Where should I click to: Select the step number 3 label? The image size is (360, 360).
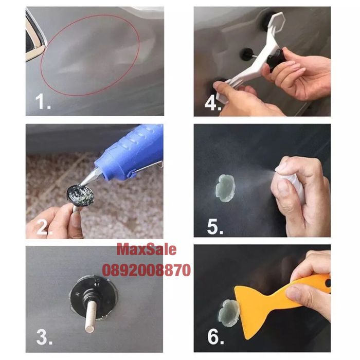tap(45, 337)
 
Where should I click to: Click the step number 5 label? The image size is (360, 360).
tap(215, 227)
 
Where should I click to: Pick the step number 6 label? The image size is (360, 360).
tap(215, 337)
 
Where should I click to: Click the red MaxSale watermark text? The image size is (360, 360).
tap(147, 249)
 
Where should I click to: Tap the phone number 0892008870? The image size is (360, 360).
tap(147, 270)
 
